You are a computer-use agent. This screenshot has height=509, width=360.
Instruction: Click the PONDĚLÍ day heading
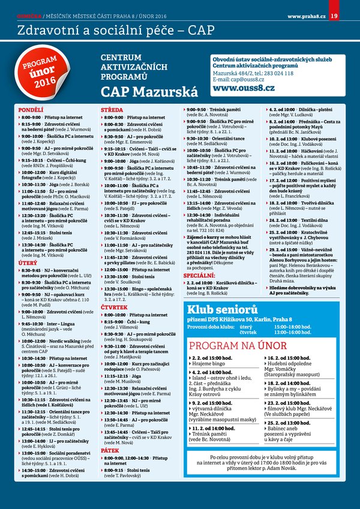tap(31, 110)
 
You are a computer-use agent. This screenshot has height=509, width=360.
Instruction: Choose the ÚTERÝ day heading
tap(29, 263)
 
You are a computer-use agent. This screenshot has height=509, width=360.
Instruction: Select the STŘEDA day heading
tap(112, 110)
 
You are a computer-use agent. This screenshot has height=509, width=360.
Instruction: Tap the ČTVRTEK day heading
tap(114, 307)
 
